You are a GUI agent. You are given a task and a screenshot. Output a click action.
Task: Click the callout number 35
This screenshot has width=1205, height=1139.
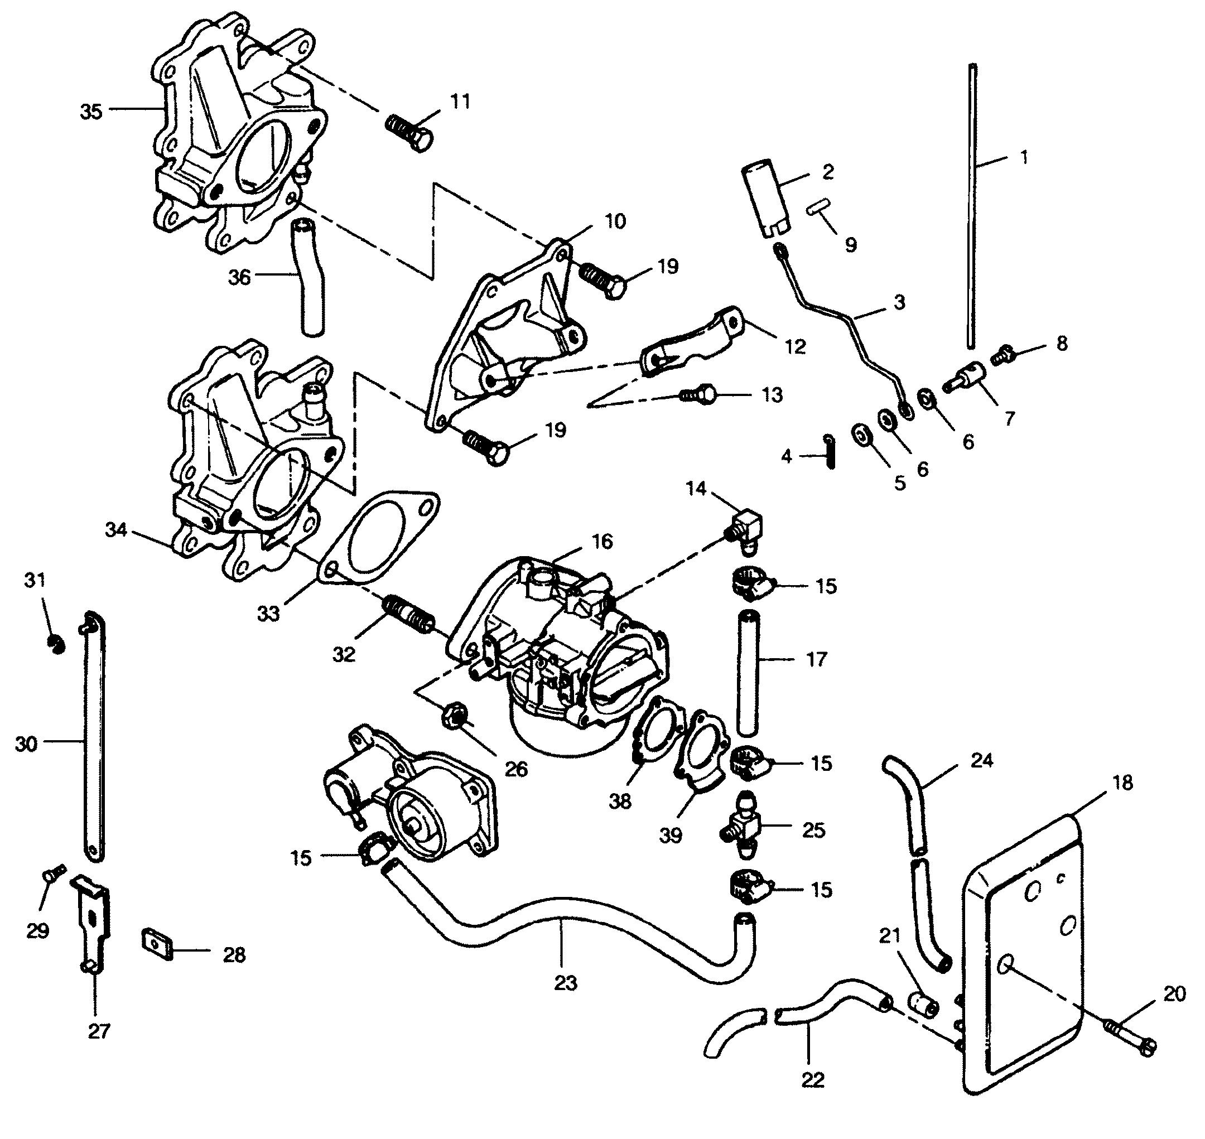click(x=91, y=112)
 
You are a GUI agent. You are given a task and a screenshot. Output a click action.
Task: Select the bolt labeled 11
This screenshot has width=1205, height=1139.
click(x=409, y=132)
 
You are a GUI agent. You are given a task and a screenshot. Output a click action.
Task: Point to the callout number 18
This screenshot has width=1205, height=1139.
click(x=1123, y=783)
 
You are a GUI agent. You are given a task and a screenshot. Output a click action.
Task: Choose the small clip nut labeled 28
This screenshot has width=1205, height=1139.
click(x=158, y=944)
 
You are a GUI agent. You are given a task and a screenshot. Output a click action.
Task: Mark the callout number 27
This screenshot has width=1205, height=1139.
click(x=99, y=1031)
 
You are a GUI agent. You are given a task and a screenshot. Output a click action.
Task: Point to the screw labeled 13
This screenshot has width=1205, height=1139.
click(x=700, y=396)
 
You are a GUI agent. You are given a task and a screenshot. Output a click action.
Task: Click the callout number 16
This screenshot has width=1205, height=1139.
click(x=602, y=541)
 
